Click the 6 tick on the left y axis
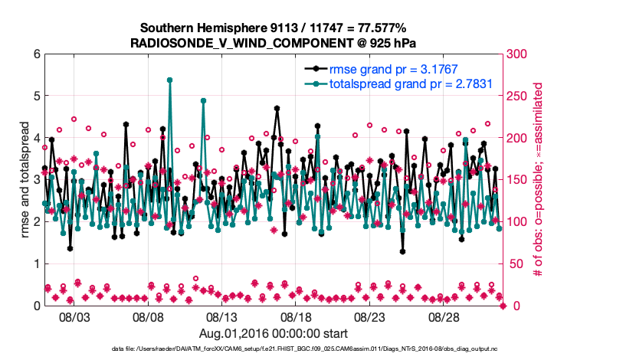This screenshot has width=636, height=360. pos(36,54)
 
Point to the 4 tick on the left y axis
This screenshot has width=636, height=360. pos(36,138)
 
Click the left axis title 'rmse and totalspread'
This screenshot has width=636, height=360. pos(24,180)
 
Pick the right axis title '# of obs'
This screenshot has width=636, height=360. pos(538,180)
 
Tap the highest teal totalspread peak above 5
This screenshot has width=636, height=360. pos(169,80)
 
